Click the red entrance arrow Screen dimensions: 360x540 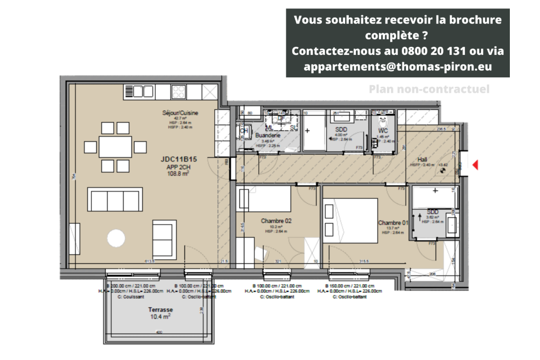(475, 165)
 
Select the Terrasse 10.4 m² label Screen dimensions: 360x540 (160, 310)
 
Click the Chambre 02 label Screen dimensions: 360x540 (277, 221)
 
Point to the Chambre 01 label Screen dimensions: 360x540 (393, 223)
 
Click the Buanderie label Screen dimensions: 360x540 (268, 135)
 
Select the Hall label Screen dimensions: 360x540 (422, 159)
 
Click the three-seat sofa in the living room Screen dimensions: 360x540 (115, 200)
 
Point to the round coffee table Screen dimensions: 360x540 (117, 238)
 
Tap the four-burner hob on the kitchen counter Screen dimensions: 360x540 (179, 92)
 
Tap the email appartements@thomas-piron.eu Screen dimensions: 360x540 (397, 66)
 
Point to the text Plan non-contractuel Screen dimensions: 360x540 (429, 90)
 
